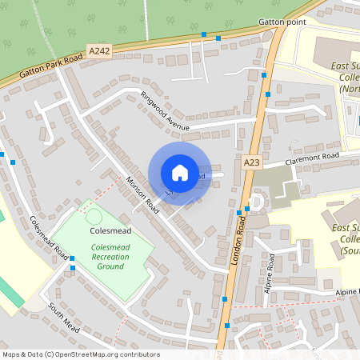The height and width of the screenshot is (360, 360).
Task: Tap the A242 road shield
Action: click(x=99, y=51)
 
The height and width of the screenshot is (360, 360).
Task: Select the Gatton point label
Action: click(x=282, y=22)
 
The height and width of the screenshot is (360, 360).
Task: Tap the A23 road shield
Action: click(x=252, y=162)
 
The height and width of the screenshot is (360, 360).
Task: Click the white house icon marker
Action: click(x=179, y=173)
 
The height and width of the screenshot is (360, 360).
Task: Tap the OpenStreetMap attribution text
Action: click(x=80, y=354)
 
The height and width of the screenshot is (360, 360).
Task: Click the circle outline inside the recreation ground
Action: click(x=94, y=215)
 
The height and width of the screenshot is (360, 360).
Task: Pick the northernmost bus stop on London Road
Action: click(x=264, y=74)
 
